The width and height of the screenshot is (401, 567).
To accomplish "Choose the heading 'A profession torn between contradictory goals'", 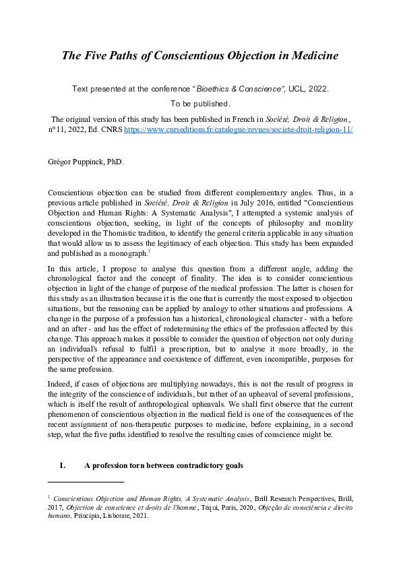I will click(164, 466).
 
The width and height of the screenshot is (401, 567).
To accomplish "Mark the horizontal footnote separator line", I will click(86, 482).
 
